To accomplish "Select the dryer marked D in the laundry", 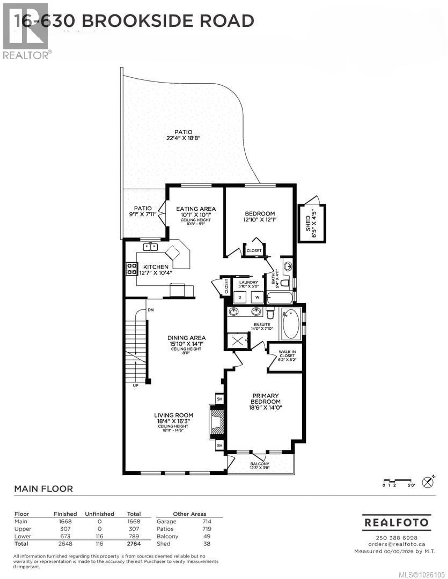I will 240,297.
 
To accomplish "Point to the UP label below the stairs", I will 135,385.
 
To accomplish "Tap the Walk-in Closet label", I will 287,356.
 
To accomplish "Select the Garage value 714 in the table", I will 207,521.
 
